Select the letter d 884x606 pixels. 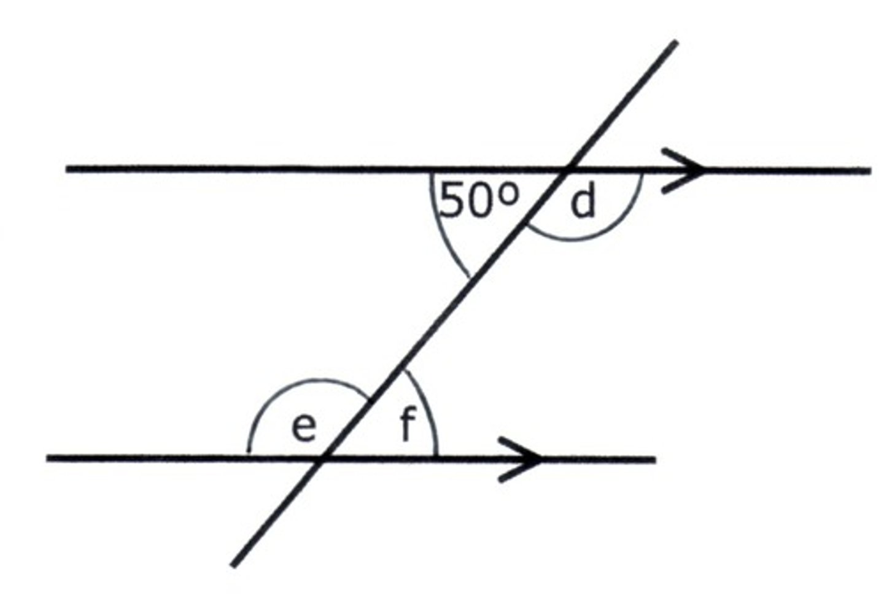pyautogui.click(x=583, y=203)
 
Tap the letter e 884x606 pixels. pyautogui.click(x=303, y=427)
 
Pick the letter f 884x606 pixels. pyautogui.click(x=406, y=425)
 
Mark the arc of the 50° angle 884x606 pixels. pyautogui.click(x=441, y=233)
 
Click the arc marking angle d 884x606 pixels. pyautogui.click(x=589, y=236)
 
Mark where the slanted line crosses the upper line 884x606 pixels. pyautogui.click(x=568, y=169)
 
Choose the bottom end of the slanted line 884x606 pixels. pyautogui.click(x=233, y=565)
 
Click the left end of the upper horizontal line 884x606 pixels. pyautogui.click(x=68, y=168)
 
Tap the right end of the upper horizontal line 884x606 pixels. pyautogui.click(x=869, y=170)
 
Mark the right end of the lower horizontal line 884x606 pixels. pyautogui.click(x=654, y=459)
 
